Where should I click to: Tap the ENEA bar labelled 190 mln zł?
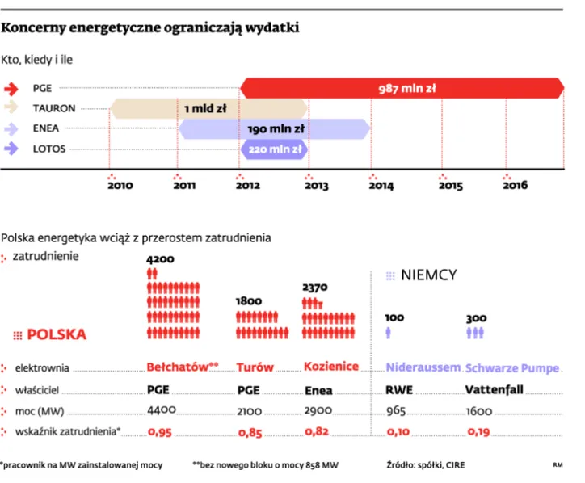(x=274, y=128)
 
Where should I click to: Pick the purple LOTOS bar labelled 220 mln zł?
(x=274, y=149)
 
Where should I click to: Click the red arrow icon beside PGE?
(x=14, y=89)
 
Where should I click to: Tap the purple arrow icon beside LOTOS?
(x=14, y=149)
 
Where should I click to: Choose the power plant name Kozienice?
(x=330, y=367)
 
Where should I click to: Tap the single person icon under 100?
(x=389, y=332)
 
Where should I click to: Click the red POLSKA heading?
(x=56, y=334)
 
